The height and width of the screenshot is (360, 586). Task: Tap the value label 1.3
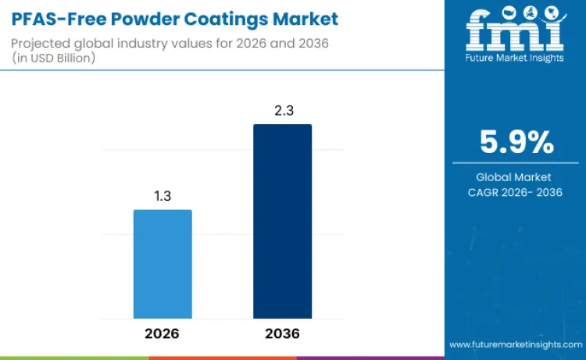tap(163, 196)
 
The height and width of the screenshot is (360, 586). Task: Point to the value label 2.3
tap(282, 110)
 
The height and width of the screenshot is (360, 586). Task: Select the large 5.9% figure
tap(516, 142)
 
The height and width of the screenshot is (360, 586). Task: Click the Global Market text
tap(515, 177)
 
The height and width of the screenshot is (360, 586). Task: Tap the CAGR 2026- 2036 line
tap(515, 192)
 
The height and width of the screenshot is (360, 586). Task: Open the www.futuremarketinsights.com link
tap(515, 344)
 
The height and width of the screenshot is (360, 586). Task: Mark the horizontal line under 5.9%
tap(515, 163)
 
